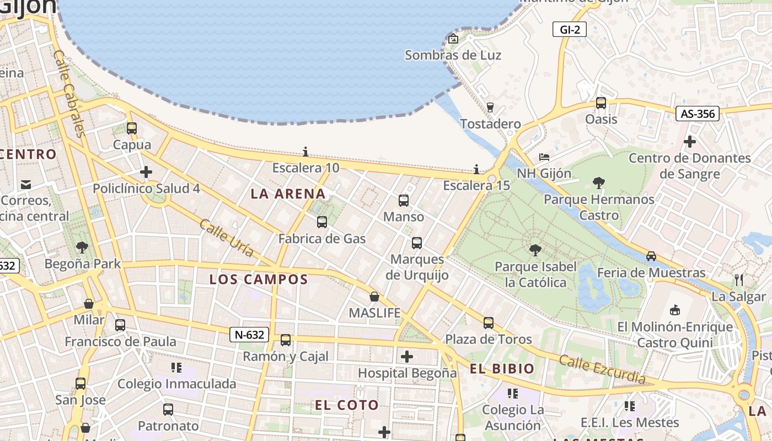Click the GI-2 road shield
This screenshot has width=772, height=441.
pos(570,30)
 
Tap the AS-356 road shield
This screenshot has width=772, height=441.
pos(698,114)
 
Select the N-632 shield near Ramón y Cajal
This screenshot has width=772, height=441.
pos(249,334)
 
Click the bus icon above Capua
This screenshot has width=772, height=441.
pos(132,128)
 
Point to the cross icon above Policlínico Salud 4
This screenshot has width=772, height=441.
pos(146,172)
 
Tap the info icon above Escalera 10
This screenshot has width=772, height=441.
pos(305,152)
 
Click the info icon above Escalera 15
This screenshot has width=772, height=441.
pos(476,169)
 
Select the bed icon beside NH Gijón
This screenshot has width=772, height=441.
pos(544,157)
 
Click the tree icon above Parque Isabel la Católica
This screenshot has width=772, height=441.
pos(535,250)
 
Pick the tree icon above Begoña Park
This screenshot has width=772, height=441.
pos(82,247)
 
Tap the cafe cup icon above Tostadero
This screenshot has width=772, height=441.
pos(490,107)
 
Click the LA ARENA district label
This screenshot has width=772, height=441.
pos(288,194)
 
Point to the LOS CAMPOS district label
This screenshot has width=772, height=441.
pos(258,279)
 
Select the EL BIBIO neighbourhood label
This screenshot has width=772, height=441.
pos(502,369)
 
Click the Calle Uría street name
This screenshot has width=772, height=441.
pos(226,238)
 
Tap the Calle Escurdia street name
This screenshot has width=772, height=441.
pos(602,369)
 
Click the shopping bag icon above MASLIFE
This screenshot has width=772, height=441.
pos(374,297)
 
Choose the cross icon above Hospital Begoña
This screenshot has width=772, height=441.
pos(407,357)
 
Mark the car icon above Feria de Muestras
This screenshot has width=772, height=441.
pos(651,256)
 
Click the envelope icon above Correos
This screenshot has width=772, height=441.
pos(26,184)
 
